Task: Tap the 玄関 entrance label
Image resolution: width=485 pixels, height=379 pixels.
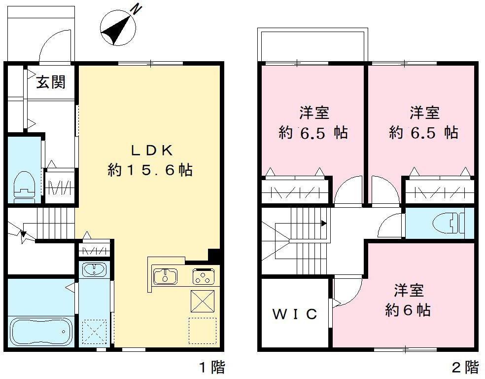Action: tap(51, 82)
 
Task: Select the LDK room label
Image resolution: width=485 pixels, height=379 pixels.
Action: tap(150, 150)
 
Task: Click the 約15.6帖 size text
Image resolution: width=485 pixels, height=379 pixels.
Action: tap(150, 170)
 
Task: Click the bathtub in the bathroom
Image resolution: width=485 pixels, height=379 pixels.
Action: tap(41, 331)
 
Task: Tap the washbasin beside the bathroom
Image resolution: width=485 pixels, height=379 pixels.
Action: tap(94, 270)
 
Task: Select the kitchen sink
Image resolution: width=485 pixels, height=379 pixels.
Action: tap(165, 276)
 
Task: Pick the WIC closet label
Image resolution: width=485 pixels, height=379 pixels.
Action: tap(295, 314)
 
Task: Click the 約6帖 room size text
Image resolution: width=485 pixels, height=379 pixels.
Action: tap(408, 310)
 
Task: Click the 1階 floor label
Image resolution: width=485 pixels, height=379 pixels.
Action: tap(212, 367)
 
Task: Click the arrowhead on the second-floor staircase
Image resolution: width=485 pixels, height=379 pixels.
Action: tap(324, 223)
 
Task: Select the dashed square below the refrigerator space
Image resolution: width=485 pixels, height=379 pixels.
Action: tap(203, 330)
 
